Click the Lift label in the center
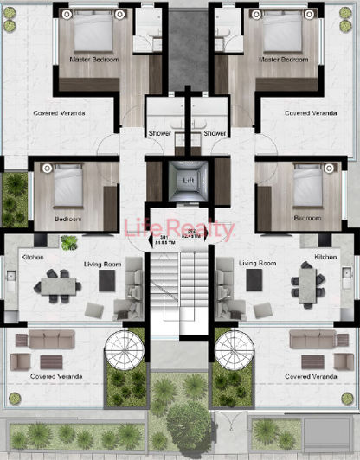[189, 180]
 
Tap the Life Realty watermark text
[180, 229]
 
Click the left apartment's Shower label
[160, 133]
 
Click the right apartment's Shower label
[215, 133]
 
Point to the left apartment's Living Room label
[101, 263]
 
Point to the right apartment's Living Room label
[257, 263]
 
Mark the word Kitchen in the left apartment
[34, 257]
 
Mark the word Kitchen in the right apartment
[326, 257]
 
